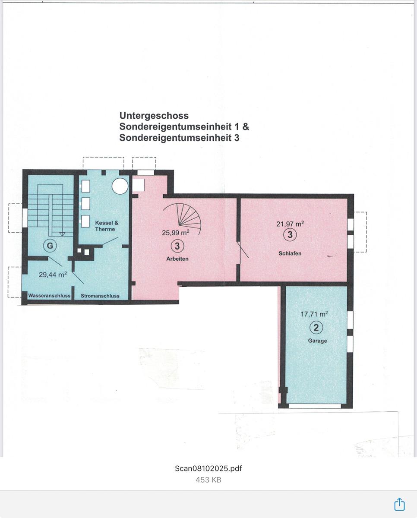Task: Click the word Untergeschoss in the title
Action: tap(154, 116)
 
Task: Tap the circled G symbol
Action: tap(50, 246)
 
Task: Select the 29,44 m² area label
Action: tap(53, 274)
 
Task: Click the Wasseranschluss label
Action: tap(49, 296)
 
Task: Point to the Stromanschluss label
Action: tap(100, 296)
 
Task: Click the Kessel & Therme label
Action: tap(107, 226)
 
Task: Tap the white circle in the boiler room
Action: tap(120, 186)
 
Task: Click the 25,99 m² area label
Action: tap(176, 233)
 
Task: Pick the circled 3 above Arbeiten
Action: tap(177, 246)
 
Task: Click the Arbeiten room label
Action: tap(177, 259)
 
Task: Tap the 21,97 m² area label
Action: tap(290, 224)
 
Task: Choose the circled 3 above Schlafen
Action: tap(290, 234)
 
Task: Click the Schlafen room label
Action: tap(290, 253)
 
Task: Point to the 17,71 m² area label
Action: tap(314, 314)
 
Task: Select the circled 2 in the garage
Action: tap(316, 328)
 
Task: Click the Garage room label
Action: tap(317, 341)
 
